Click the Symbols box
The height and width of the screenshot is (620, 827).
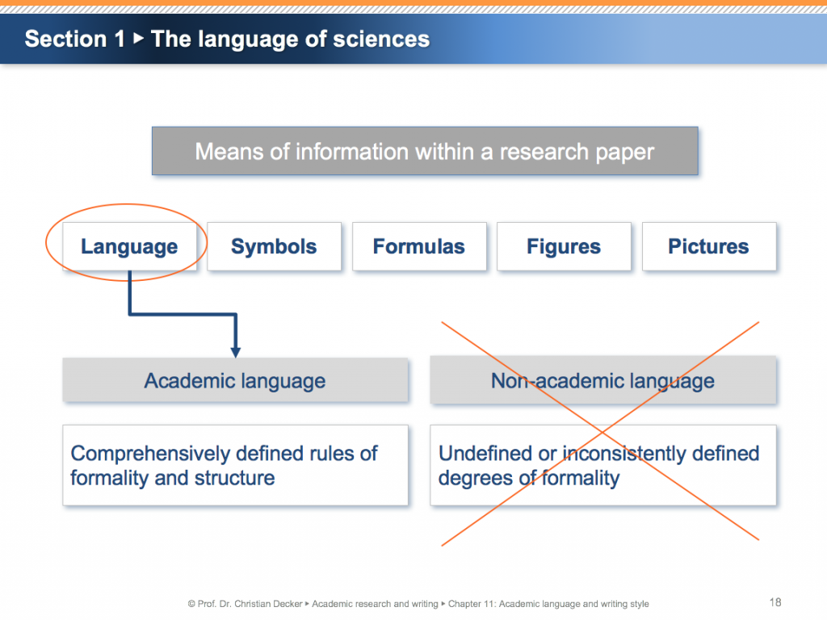point(274,246)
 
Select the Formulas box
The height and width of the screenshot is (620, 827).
point(418,246)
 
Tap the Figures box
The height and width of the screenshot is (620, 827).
point(564,246)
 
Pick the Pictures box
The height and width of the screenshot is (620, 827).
point(708,246)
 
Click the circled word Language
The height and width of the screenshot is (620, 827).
point(129,247)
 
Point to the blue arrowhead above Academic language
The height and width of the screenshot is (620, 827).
point(235,352)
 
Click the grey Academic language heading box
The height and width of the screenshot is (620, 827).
point(235,381)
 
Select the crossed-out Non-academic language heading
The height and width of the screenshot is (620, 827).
point(602,381)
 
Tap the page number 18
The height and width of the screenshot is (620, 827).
point(775,602)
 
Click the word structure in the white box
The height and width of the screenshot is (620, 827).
point(234,478)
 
